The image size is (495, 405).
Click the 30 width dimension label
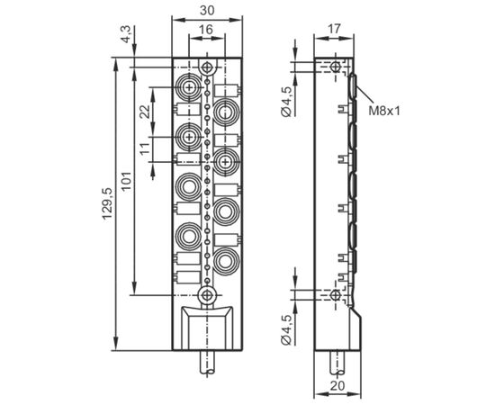pyautogui.click(x=207, y=10)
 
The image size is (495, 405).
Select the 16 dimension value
pyautogui.click(x=206, y=30)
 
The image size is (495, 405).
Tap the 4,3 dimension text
pyautogui.click(x=125, y=34)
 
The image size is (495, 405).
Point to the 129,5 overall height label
pyautogui.click(x=107, y=203)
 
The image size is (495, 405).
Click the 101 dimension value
pyautogui.click(x=126, y=181)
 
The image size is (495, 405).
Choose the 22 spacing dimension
pyautogui.click(x=145, y=112)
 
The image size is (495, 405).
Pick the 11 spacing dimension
pyautogui.click(x=145, y=148)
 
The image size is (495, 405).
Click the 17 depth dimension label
pyautogui.click(x=334, y=29)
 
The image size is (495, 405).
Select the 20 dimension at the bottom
pyautogui.click(x=337, y=386)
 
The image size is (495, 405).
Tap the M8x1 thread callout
pyautogui.click(x=384, y=111)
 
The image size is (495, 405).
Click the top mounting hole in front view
pyautogui.click(x=207, y=67)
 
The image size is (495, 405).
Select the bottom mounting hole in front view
pyautogui.click(x=207, y=295)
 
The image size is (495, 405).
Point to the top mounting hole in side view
pyautogui.click(x=335, y=67)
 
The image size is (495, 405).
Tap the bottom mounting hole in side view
pyautogui.click(x=335, y=295)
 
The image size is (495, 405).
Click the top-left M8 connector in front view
pyautogui.click(x=189, y=86)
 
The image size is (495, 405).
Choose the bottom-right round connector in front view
pyautogui.click(x=225, y=261)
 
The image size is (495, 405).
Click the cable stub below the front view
pyautogui.click(x=207, y=364)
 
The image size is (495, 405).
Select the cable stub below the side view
pyautogui.click(x=337, y=364)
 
